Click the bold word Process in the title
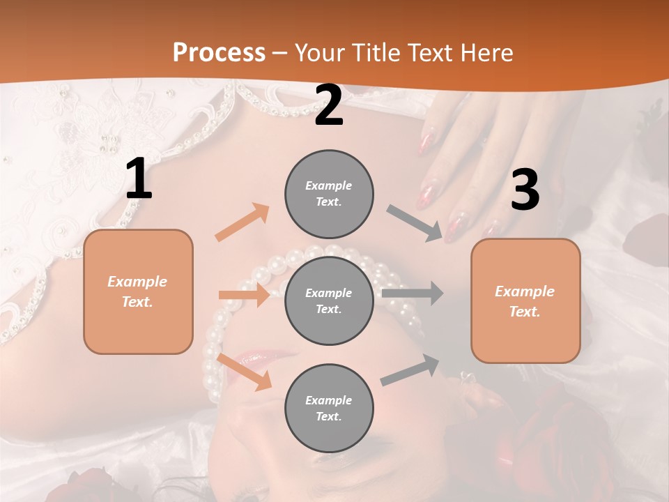click(219, 52)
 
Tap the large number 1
click(139, 180)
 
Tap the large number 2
click(329, 106)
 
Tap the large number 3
click(525, 190)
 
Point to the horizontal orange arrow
click(245, 295)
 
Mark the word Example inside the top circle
click(328, 186)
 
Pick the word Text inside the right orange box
click(524, 312)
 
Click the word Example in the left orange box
click(137, 282)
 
